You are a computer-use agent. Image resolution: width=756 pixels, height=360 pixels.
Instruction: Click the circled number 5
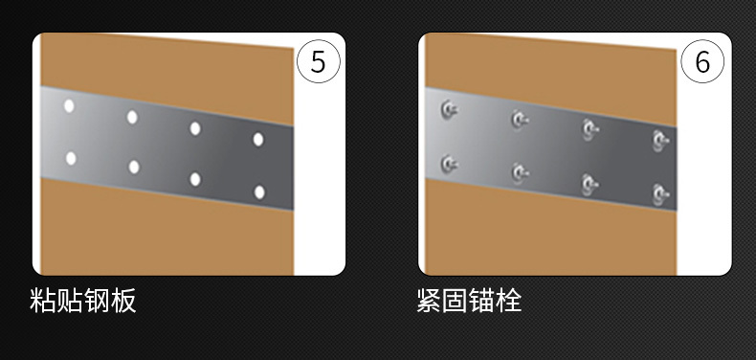(x=319, y=61)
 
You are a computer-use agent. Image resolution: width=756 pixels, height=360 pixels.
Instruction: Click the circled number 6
(x=702, y=61)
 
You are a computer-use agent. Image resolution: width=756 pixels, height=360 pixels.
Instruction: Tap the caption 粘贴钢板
(x=83, y=301)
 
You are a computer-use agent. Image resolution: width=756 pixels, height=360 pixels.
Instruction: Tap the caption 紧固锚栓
(x=469, y=301)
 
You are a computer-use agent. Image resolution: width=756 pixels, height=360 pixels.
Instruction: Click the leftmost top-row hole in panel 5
(x=69, y=106)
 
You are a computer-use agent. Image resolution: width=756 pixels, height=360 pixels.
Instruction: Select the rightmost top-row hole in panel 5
(x=258, y=140)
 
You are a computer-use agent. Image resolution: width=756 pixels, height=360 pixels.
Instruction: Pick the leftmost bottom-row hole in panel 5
(x=71, y=158)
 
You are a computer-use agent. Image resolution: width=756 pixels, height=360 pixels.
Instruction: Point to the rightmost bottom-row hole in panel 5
(x=259, y=192)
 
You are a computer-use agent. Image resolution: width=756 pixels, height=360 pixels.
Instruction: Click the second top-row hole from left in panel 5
(x=132, y=117)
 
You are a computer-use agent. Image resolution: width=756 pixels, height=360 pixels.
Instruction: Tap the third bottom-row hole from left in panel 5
(x=195, y=179)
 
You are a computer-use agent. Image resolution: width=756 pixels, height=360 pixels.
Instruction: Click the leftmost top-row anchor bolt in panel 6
(x=449, y=109)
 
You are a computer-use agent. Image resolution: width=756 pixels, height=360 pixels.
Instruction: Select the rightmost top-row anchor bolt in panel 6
(x=660, y=140)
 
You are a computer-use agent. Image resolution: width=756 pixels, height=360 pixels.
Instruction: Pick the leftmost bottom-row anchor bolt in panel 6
(x=449, y=164)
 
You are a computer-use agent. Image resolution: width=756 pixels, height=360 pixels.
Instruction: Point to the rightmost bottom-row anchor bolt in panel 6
(x=660, y=194)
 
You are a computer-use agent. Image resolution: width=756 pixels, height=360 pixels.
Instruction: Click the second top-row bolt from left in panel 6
(x=520, y=120)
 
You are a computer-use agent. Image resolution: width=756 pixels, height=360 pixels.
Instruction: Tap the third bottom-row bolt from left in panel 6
(x=590, y=184)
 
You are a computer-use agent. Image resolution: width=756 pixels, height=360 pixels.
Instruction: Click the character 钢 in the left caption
(x=97, y=301)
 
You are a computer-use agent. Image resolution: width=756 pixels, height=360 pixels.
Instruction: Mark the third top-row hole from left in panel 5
(x=195, y=128)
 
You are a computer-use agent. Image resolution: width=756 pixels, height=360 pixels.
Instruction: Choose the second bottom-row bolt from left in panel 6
(x=520, y=173)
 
